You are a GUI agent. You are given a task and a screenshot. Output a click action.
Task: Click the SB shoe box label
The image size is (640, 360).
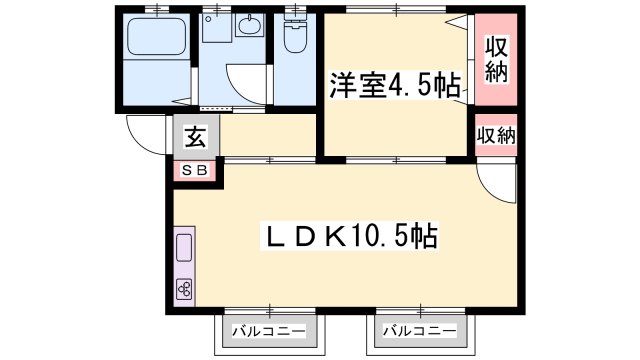point(194,171)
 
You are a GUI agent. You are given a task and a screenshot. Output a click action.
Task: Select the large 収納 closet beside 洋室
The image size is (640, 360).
point(495,58)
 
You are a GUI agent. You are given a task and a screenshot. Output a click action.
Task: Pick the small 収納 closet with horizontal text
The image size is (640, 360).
point(496,135)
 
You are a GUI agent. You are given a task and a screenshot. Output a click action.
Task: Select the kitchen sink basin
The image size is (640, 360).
point(186,251)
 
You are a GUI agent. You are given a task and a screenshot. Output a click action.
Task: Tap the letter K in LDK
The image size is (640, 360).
point(334,237)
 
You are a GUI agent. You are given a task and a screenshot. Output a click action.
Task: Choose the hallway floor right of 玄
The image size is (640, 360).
point(265,137)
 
